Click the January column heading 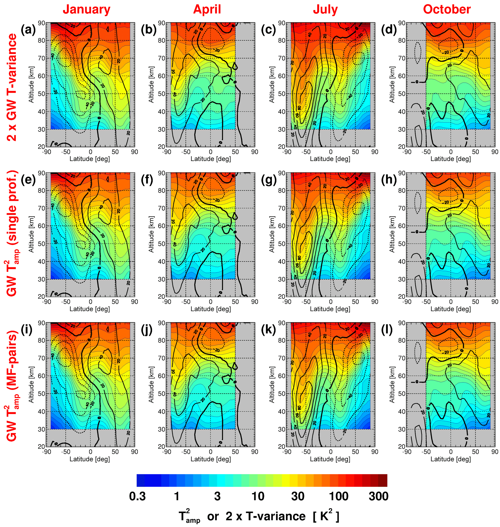[86, 10]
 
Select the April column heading [207, 10]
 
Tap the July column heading [325, 10]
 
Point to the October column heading [447, 10]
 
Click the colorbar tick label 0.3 [138, 496]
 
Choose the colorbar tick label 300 [379, 496]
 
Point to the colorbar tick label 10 [258, 496]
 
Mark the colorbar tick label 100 [338, 496]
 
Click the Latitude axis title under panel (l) [450, 459]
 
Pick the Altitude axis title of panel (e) [31, 234]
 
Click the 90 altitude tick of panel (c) [282, 23]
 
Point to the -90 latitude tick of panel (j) [166, 452]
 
